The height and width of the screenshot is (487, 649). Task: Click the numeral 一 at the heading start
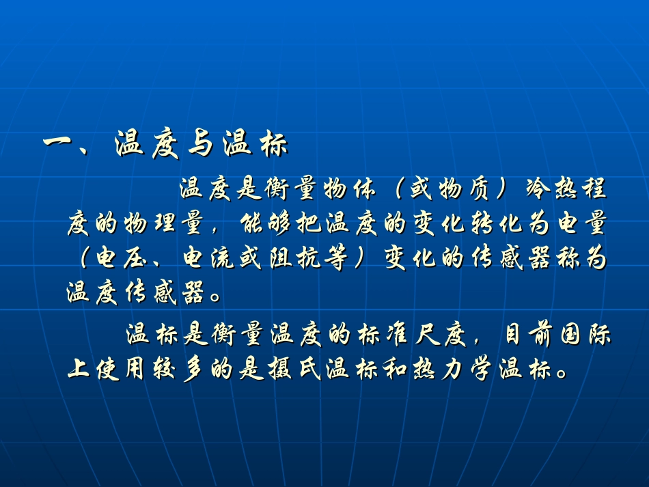(x=59, y=145)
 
